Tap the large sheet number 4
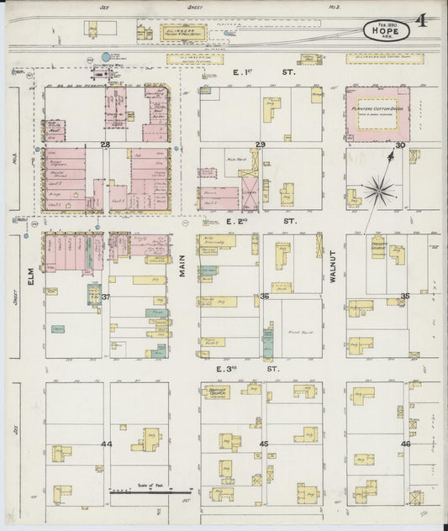(420, 18)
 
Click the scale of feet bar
(140, 492)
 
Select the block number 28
(106, 145)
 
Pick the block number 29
(261, 146)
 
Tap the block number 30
(401, 145)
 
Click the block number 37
(106, 297)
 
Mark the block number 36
(264, 296)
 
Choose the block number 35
(404, 296)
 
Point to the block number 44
(106, 443)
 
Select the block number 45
(264, 443)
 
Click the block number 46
(404, 443)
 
